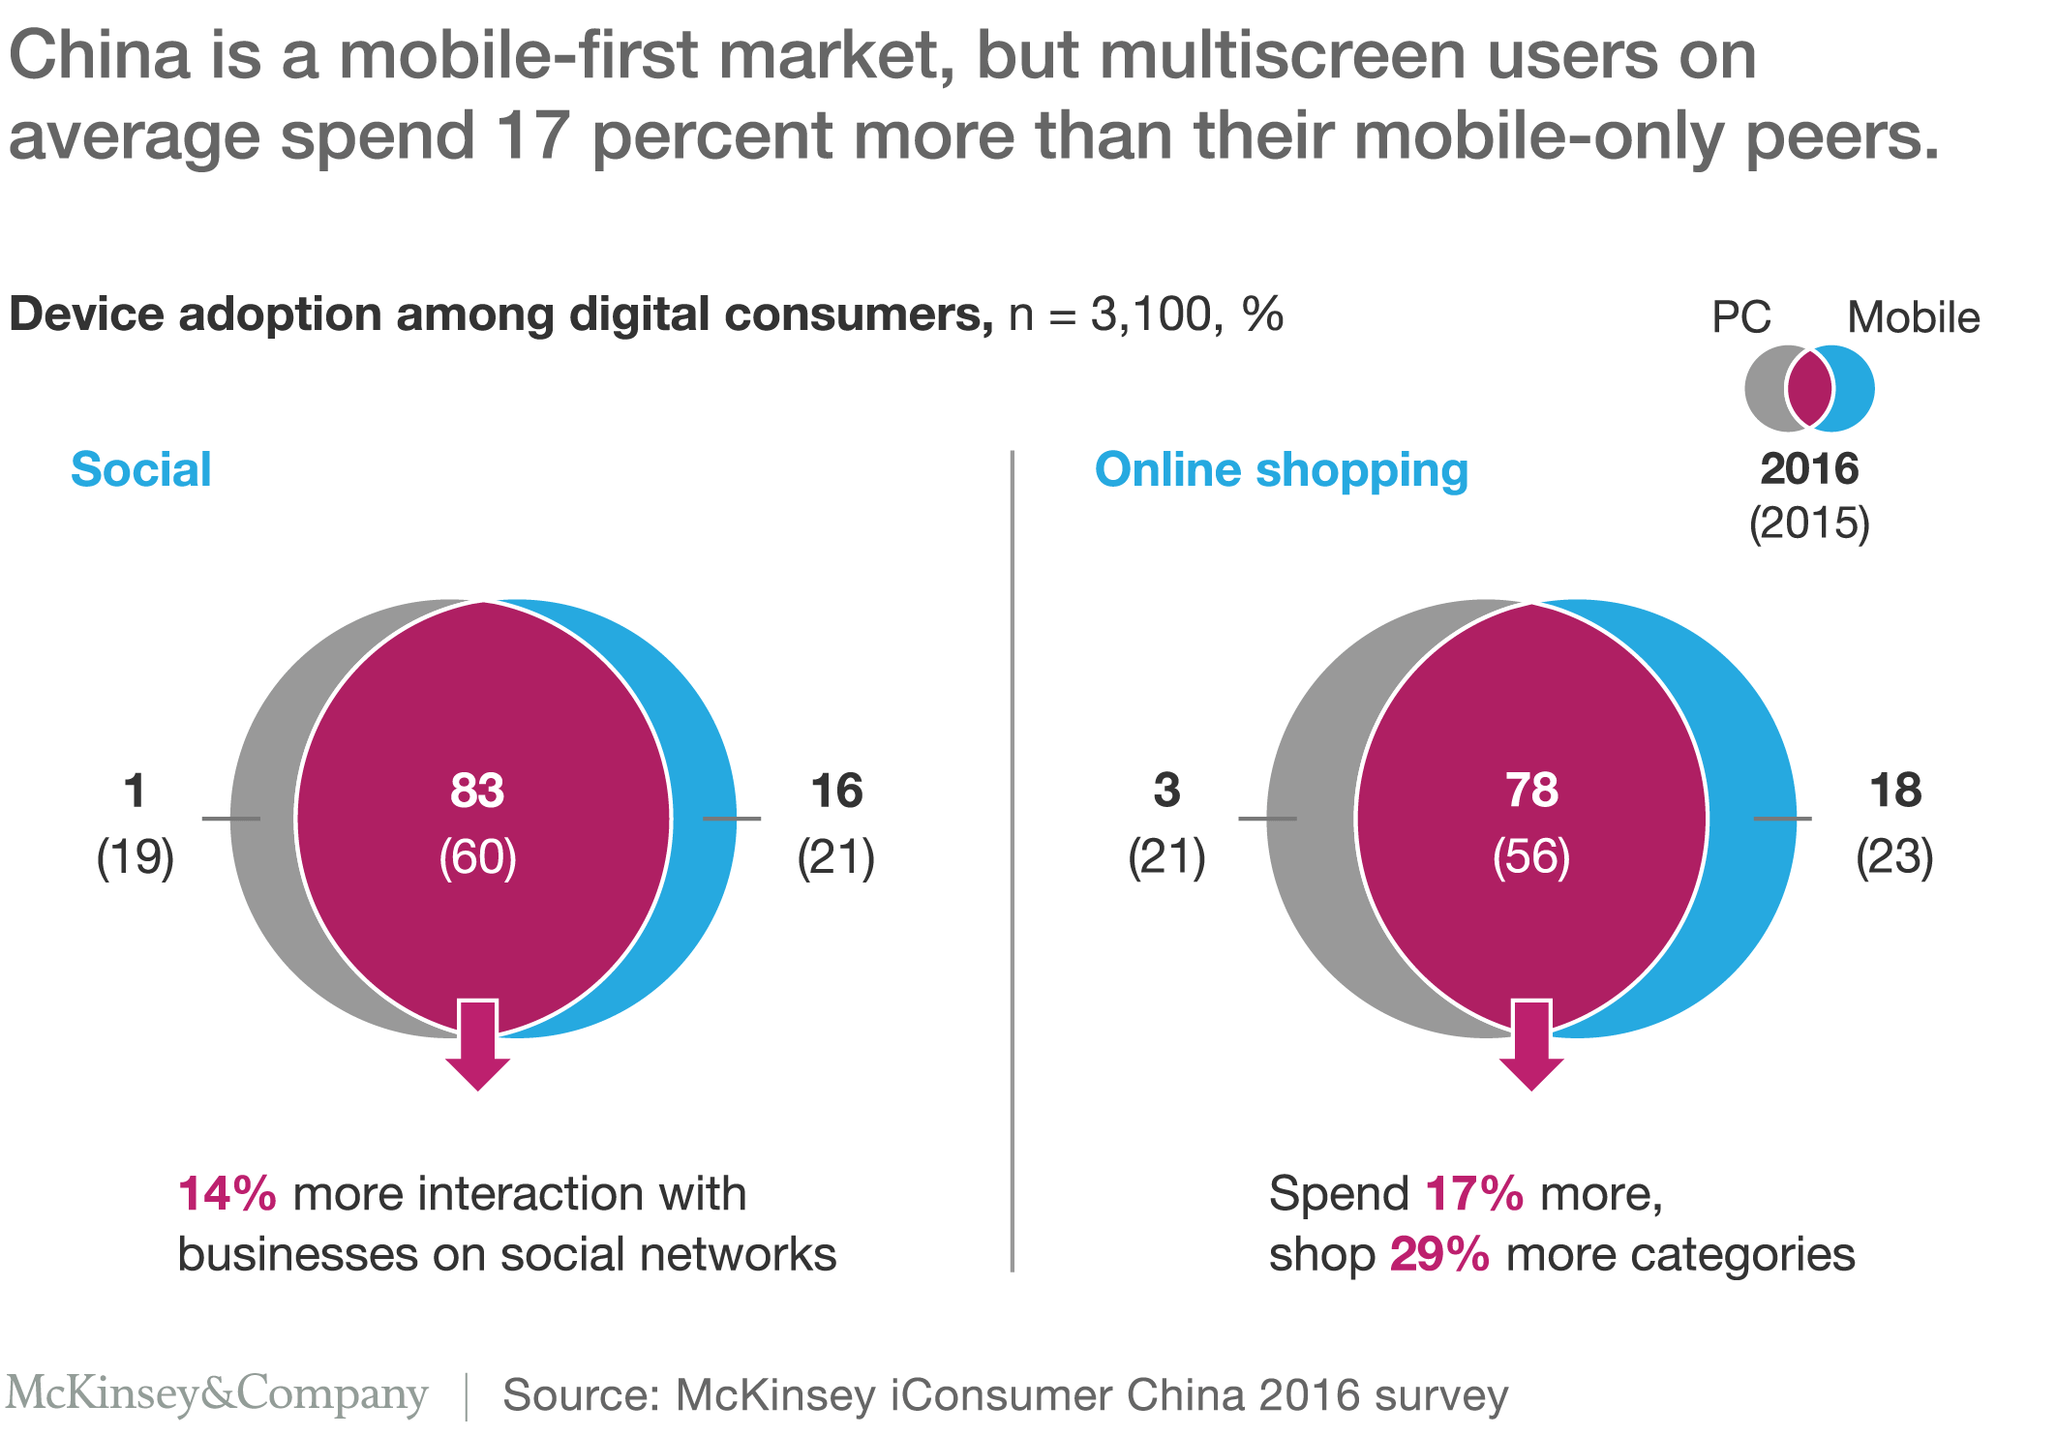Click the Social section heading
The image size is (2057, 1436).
141,470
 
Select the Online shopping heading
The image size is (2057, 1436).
1281,470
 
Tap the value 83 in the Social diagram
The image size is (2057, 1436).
477,791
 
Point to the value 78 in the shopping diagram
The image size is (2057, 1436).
1531,791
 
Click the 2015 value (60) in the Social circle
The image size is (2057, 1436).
477,857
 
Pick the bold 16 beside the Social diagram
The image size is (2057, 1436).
836,791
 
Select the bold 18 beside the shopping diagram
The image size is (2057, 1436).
1895,791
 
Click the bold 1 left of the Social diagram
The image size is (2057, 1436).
136,791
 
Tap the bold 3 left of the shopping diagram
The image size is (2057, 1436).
1166,791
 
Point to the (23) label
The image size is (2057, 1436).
1894,857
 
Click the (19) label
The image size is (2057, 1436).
136,857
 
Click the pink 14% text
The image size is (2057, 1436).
227,1194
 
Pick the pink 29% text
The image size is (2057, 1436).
1439,1255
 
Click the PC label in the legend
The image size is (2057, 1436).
1740,317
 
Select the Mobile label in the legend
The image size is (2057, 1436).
1913,317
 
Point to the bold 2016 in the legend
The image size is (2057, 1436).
1809,469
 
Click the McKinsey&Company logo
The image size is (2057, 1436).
217,1394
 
